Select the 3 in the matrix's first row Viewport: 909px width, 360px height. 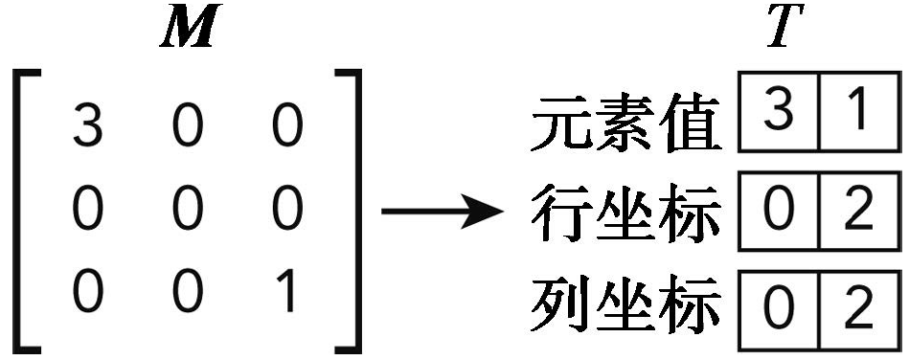click(x=87, y=128)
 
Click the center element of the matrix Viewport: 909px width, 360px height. click(x=188, y=211)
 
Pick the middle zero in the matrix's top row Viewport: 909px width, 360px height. click(x=188, y=128)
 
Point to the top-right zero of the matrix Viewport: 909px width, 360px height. click(x=285, y=128)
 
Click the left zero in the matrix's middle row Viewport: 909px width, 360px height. click(x=87, y=211)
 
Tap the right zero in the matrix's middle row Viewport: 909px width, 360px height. click(x=285, y=211)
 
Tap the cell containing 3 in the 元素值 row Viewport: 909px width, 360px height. click(x=780, y=115)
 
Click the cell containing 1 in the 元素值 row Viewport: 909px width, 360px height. click(x=859, y=115)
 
